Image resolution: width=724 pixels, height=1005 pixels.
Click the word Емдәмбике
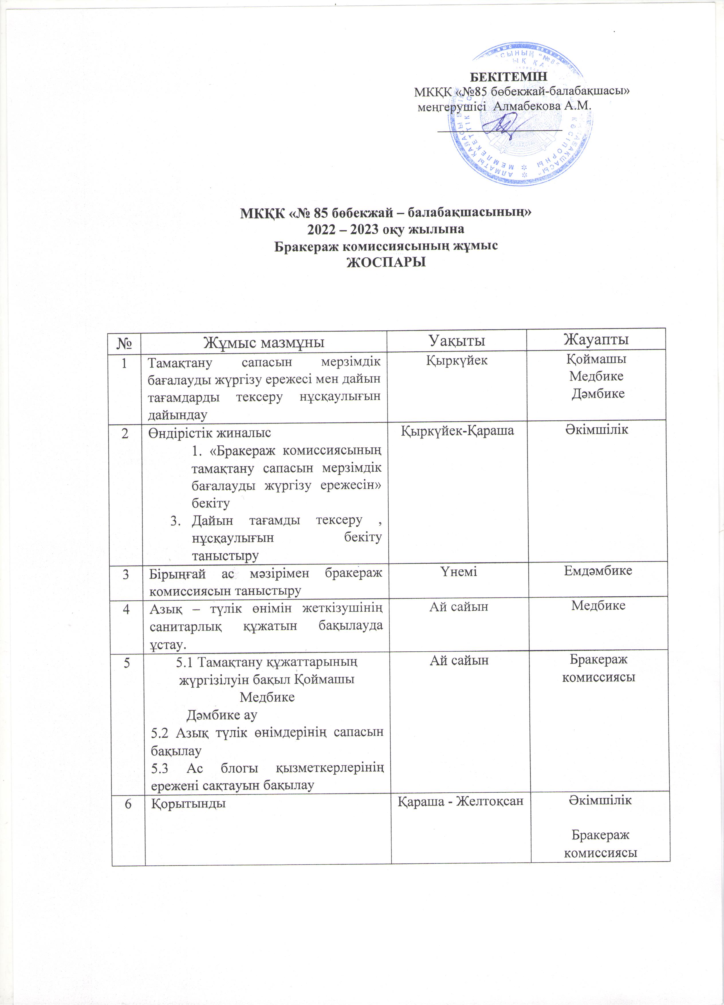point(598,571)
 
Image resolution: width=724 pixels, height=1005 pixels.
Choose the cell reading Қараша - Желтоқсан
point(461,801)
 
